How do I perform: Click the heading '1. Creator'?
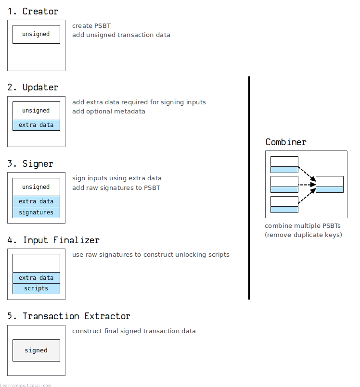coord(33,12)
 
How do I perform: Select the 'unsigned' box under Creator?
coord(36,34)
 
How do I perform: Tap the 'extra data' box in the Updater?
coord(36,125)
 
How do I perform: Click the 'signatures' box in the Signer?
coord(36,212)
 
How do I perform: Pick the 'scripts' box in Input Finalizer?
coord(36,288)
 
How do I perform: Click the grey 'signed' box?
coord(36,350)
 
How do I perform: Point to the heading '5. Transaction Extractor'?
coord(69,316)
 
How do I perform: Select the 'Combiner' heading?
coord(286,142)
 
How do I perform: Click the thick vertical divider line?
coord(249,188)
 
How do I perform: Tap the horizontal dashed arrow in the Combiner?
coord(307,185)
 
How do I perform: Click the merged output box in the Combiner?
coord(330,185)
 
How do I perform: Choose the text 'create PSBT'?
coord(91,26)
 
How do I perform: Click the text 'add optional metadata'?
coord(109,112)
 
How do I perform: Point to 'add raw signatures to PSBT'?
coord(116,188)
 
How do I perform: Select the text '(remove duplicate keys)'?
coord(303,235)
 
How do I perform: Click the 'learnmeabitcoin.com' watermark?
coord(26,385)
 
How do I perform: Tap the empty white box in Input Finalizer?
coord(36,263)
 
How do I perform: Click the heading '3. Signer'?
coord(30,164)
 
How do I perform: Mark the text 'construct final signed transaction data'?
coord(134,331)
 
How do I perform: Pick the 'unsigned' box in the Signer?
coord(36,187)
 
